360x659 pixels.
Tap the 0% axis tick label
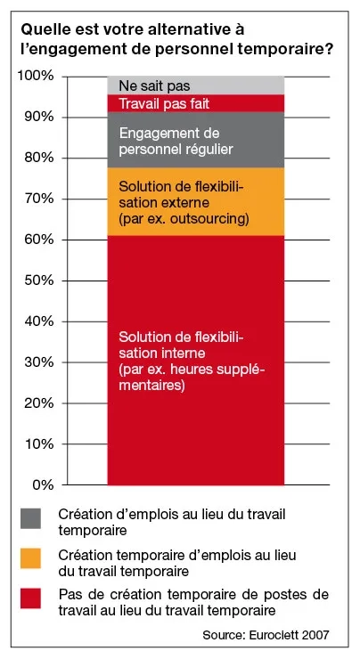click(42, 485)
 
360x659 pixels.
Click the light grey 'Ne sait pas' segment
click(195, 85)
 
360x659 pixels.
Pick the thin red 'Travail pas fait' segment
click(195, 103)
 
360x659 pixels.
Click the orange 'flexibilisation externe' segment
click(195, 201)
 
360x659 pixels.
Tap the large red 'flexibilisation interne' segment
click(195, 362)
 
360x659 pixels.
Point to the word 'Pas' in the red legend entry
click(69, 594)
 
